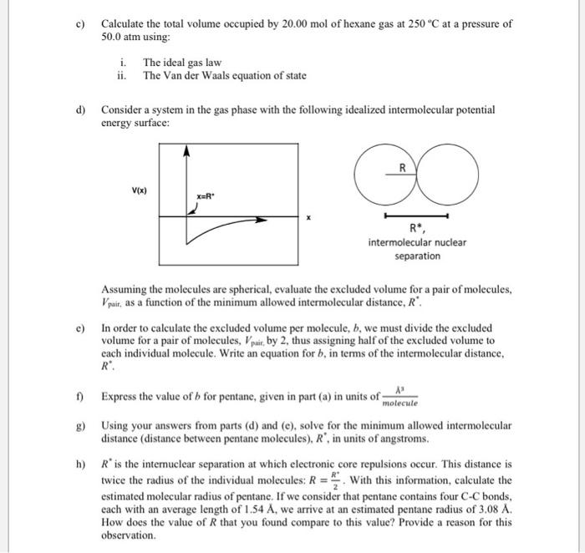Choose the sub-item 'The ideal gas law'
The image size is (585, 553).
pos(182,63)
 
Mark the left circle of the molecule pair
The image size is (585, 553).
pos(383,175)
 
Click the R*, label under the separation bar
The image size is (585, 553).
pos(416,228)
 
